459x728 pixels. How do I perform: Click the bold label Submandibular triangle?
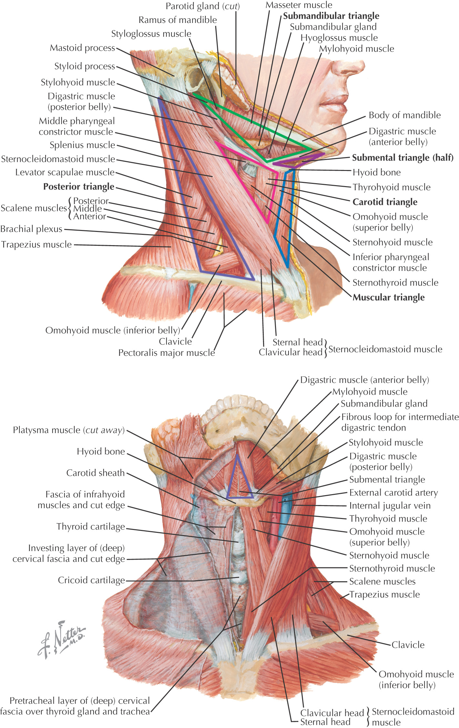331,16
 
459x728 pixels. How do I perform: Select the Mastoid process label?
82,48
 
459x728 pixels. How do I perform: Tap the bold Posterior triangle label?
79,187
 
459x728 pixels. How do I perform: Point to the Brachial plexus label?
31,229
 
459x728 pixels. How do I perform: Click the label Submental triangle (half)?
403,158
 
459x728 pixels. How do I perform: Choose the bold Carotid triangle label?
385,202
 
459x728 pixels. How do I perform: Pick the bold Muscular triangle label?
389,297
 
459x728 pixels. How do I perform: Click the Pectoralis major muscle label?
167,353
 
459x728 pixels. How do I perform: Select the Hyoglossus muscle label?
339,38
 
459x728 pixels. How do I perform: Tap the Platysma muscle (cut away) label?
69,430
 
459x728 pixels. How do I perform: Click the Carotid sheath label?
95,473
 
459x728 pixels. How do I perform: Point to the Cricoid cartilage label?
91,580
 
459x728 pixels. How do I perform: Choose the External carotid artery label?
393,493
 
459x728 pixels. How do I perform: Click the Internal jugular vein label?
390,506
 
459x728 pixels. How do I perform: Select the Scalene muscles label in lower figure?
382,582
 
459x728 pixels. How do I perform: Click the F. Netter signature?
61,639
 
